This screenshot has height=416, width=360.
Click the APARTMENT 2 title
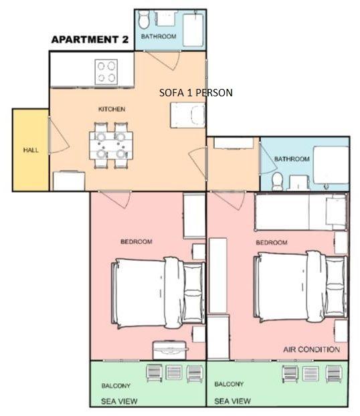[90, 39]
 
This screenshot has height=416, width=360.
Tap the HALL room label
[31, 150]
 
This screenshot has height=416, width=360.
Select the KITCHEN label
[112, 109]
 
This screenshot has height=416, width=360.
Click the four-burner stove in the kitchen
[106, 72]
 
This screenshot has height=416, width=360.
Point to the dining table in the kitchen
[111, 145]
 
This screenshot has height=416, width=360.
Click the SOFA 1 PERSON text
[196, 92]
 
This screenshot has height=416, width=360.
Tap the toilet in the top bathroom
[145, 19]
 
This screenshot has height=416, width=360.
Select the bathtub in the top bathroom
[193, 30]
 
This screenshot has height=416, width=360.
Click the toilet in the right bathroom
[278, 181]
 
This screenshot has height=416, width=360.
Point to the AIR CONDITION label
[312, 349]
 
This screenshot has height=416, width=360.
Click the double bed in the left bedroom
[159, 293]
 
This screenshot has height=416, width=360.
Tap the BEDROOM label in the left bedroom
[137, 241]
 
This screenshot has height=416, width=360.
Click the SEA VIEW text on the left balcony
[119, 401]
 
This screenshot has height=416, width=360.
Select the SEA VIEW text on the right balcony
[233, 401]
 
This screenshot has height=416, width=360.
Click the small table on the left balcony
[174, 372]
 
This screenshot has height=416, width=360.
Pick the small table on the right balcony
[310, 373]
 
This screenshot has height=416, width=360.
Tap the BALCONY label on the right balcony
[229, 384]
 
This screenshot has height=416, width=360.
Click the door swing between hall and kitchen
[59, 135]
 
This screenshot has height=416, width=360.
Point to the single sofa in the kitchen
[188, 116]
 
